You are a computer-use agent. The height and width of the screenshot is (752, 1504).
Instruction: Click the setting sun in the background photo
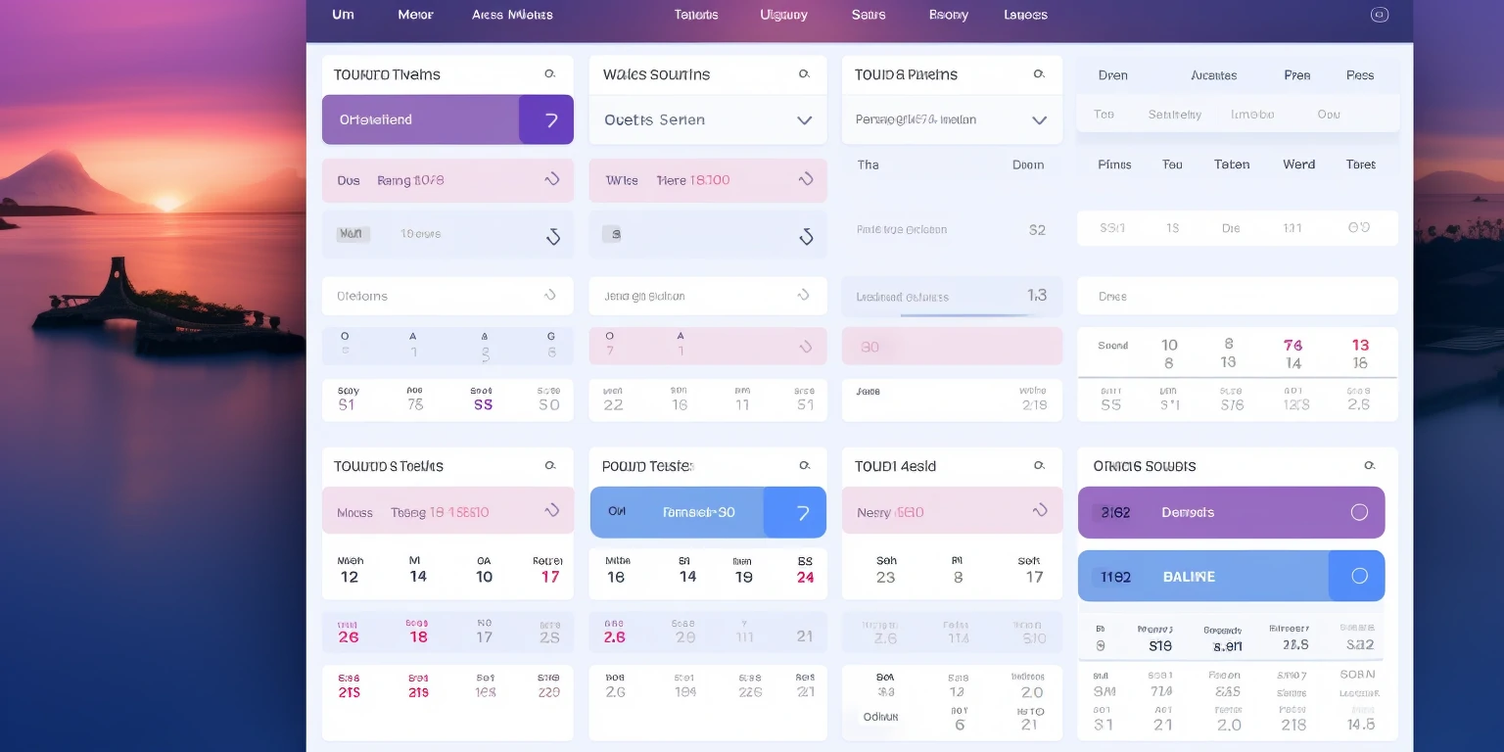pos(167,202)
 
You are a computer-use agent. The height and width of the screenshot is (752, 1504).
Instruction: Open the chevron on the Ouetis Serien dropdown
pos(804,120)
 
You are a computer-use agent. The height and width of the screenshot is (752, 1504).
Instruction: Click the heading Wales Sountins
pos(656,74)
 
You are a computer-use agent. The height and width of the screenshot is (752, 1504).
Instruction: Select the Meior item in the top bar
pos(415,15)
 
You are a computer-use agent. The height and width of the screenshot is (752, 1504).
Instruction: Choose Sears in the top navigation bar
pos(869,15)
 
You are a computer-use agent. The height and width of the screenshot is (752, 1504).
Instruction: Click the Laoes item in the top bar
pos(1025,15)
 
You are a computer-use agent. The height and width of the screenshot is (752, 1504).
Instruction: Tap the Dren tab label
pos(1112,75)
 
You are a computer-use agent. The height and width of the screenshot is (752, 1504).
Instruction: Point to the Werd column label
pos(1298,164)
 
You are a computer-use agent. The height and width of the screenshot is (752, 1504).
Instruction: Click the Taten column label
pos(1232,164)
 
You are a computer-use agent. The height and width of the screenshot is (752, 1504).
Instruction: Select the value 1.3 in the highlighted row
pos(1037,295)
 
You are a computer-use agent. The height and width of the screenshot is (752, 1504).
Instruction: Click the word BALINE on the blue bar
pos(1189,577)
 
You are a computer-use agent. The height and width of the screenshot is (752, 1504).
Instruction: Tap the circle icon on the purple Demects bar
pos(1359,512)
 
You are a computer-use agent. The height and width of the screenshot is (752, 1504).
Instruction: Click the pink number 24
pos(805,577)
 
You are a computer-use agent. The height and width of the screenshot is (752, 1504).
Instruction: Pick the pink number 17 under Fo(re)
pos(550,577)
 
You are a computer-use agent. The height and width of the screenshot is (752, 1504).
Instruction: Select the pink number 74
pos(1292,345)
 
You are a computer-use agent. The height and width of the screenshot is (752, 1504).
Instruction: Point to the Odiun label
pos(880,717)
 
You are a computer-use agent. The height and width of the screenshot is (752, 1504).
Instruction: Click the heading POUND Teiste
pos(647,466)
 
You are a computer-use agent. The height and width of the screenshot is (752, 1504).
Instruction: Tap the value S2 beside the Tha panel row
pos(1037,230)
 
